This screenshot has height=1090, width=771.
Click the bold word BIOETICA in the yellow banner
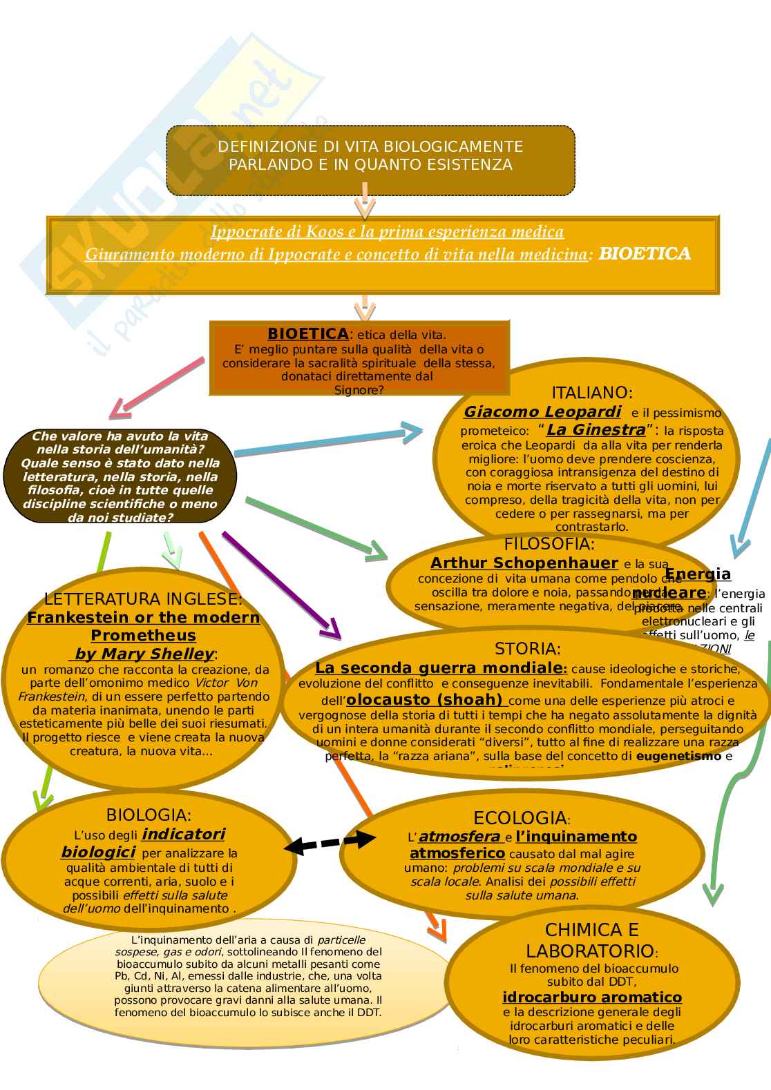coord(645,254)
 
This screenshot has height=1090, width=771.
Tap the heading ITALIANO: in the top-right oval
coord(591,393)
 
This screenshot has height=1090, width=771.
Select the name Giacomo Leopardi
coord(542,412)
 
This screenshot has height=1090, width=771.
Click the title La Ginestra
coord(596,430)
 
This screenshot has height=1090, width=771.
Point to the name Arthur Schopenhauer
coord(524,563)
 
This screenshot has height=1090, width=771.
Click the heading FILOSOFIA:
coord(549,544)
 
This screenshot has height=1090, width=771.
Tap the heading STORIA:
coord(528,649)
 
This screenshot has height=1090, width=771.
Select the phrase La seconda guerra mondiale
coord(439,668)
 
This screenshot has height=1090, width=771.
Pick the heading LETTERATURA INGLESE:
coord(143,598)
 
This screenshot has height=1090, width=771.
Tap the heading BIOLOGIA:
coord(149,815)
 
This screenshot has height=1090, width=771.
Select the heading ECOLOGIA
coord(520,819)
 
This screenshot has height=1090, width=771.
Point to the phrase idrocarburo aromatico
coord(592,997)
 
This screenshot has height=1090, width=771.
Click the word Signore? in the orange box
coord(359,390)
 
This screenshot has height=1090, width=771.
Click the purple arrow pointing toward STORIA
coord(280,584)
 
